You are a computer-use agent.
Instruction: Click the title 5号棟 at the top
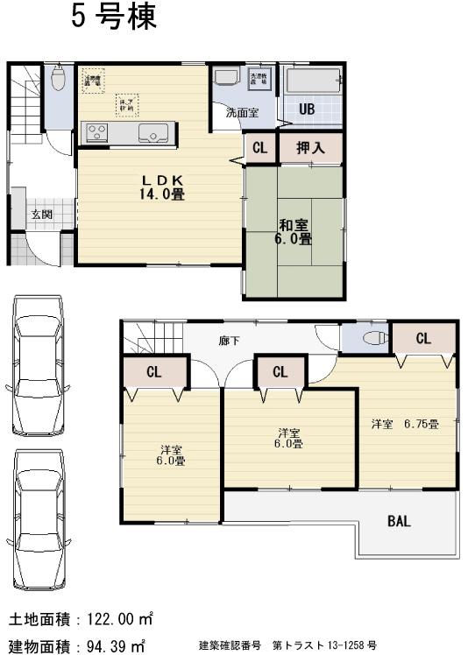pos(114,18)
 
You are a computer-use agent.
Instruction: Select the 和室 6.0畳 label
pos(294,230)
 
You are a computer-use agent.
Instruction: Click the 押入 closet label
pos(310,148)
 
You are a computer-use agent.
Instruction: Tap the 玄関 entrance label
pos(41,215)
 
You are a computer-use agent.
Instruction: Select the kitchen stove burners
pos(95,133)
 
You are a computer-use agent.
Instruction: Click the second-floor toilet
pos(372,337)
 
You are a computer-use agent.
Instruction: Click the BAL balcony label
pos(399,521)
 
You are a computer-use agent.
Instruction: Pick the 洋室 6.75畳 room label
pos(404,424)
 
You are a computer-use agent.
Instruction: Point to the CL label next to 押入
pos(259,148)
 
